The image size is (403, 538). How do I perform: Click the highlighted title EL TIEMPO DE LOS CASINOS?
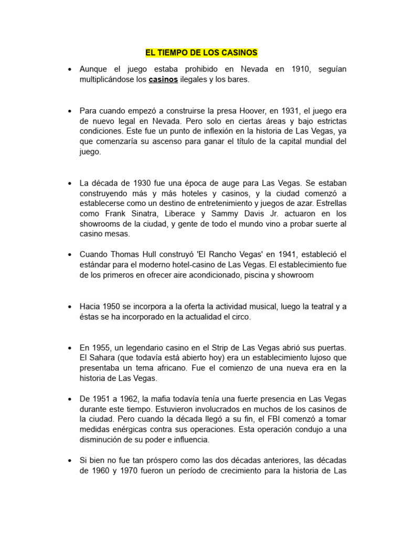[201, 53]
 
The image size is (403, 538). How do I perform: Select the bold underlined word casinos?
[163, 79]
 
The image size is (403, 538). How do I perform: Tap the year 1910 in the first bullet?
[296, 69]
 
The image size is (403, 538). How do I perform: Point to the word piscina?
[254, 275]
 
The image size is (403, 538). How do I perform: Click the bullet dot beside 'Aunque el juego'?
[69, 70]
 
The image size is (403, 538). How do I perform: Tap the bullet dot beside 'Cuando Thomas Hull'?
[69, 255]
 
